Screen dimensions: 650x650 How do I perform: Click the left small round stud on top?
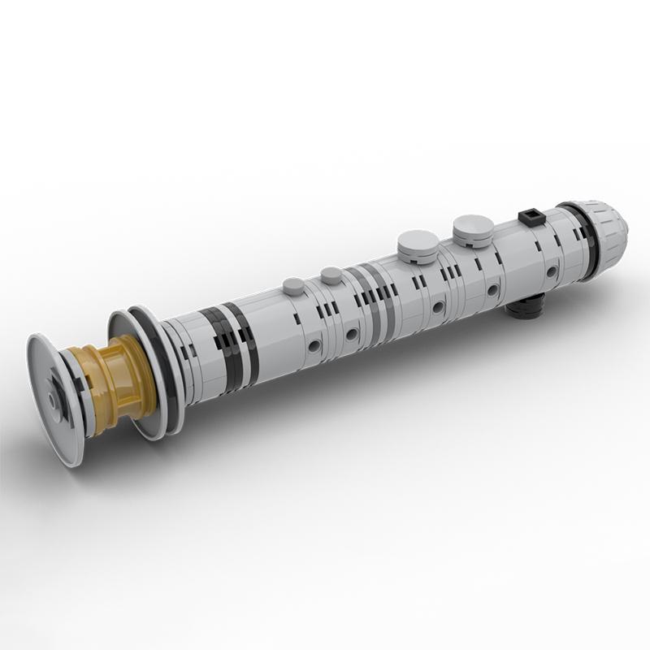[x=293, y=285]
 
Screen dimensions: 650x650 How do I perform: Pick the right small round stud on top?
[x=331, y=275]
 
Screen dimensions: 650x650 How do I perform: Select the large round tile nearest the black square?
[x=472, y=230]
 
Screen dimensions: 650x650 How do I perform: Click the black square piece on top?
[x=530, y=217]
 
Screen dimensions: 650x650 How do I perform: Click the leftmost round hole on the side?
[x=314, y=346]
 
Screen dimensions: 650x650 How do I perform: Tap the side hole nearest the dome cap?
[x=552, y=271]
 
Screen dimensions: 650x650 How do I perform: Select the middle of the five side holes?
[x=440, y=307]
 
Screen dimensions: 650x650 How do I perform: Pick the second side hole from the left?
[x=353, y=334]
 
